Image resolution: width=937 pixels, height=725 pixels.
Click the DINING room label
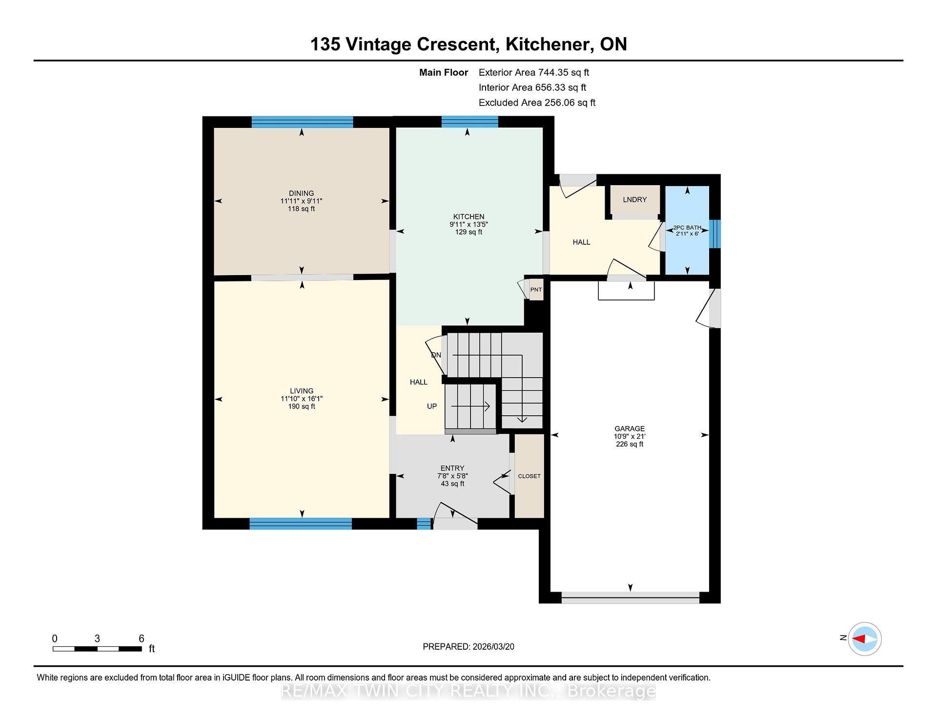[301, 193]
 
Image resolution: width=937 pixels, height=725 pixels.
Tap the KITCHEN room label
[468, 217]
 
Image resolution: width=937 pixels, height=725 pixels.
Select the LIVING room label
[302, 391]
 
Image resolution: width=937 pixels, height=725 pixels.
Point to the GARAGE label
[630, 428]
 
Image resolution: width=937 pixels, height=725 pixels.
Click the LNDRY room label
[634, 199]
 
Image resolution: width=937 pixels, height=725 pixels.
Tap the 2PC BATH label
[687, 228]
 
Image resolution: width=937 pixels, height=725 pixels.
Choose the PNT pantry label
[536, 290]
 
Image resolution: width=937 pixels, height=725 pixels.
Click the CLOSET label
[529, 476]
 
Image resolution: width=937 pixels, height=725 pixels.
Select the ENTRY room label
[452, 468]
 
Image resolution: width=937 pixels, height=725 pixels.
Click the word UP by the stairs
[432, 406]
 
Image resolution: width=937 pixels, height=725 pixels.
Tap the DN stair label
[436, 355]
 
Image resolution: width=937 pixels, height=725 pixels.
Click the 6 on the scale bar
[142, 639]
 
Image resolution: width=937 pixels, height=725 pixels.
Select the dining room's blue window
[302, 122]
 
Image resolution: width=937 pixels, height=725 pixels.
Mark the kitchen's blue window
[469, 122]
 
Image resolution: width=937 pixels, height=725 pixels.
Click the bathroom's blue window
[714, 234]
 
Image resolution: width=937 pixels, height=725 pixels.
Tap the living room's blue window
[301, 524]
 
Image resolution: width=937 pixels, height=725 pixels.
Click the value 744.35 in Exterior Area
[554, 72]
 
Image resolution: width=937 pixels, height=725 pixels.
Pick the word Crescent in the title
[456, 44]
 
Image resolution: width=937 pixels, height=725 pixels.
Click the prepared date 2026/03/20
[493, 646]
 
